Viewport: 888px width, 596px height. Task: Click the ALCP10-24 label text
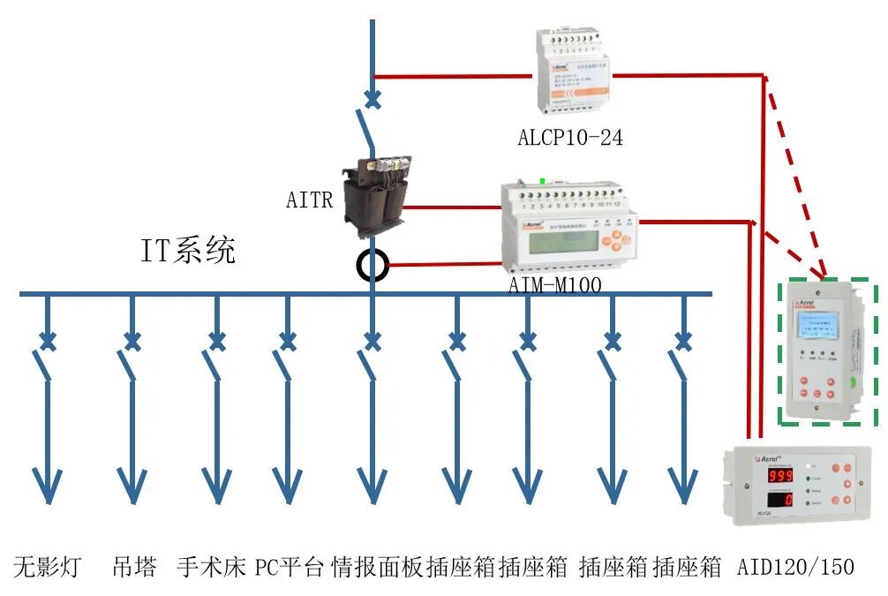(x=569, y=138)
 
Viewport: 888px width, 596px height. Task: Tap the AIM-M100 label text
(x=555, y=285)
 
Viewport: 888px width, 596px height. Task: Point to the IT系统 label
(x=188, y=251)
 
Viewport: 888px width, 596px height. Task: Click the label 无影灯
(x=47, y=566)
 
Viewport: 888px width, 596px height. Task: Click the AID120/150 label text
(x=795, y=566)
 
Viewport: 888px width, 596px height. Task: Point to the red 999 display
(x=766, y=475)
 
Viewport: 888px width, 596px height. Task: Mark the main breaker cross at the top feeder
(x=373, y=100)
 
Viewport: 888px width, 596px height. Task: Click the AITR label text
(x=310, y=200)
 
